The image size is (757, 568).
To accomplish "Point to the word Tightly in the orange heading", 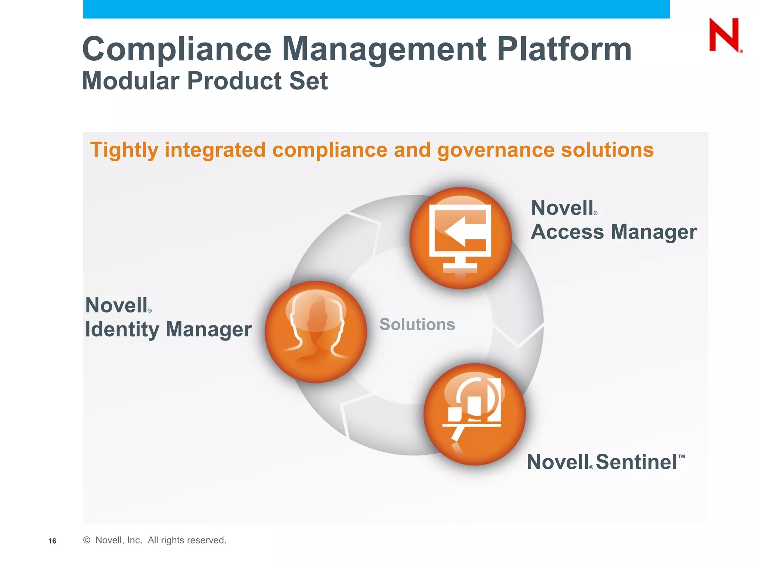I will (x=124, y=151).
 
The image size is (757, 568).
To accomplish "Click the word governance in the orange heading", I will (x=495, y=151).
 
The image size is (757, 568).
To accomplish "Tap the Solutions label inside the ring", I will (x=417, y=324).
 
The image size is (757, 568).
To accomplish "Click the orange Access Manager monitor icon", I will (x=461, y=238).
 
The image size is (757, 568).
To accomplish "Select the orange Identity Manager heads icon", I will (x=316, y=332).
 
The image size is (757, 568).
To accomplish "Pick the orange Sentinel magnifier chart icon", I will (x=474, y=414).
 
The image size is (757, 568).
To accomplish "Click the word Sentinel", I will (x=636, y=462).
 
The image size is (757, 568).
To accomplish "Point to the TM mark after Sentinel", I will (x=682, y=457).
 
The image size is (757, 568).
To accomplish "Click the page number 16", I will (x=52, y=541).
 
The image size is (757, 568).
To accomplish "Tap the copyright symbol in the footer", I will (x=87, y=540).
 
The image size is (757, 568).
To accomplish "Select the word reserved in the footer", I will (x=207, y=540).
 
